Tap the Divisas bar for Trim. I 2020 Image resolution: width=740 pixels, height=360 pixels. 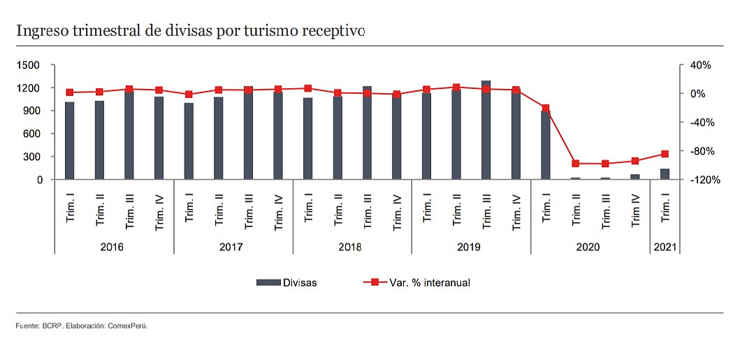(x=546, y=145)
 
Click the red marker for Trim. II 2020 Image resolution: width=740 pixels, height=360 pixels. (x=576, y=164)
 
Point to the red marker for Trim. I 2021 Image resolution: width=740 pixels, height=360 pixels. (x=665, y=154)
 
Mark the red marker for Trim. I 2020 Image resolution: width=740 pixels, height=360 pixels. (x=546, y=108)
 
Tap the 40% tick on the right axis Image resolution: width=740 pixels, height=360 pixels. (x=700, y=65)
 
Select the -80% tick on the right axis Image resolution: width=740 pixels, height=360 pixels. (x=699, y=151)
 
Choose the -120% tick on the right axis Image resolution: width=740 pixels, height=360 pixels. (x=699, y=180)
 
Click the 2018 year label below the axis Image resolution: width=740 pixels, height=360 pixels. (x=351, y=247)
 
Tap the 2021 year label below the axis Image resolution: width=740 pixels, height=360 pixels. (x=665, y=247)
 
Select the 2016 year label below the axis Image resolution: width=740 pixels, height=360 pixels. (x=114, y=247)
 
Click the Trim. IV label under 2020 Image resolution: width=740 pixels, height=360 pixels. (x=635, y=210)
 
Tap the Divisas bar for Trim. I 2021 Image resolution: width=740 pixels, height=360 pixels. (x=665, y=174)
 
